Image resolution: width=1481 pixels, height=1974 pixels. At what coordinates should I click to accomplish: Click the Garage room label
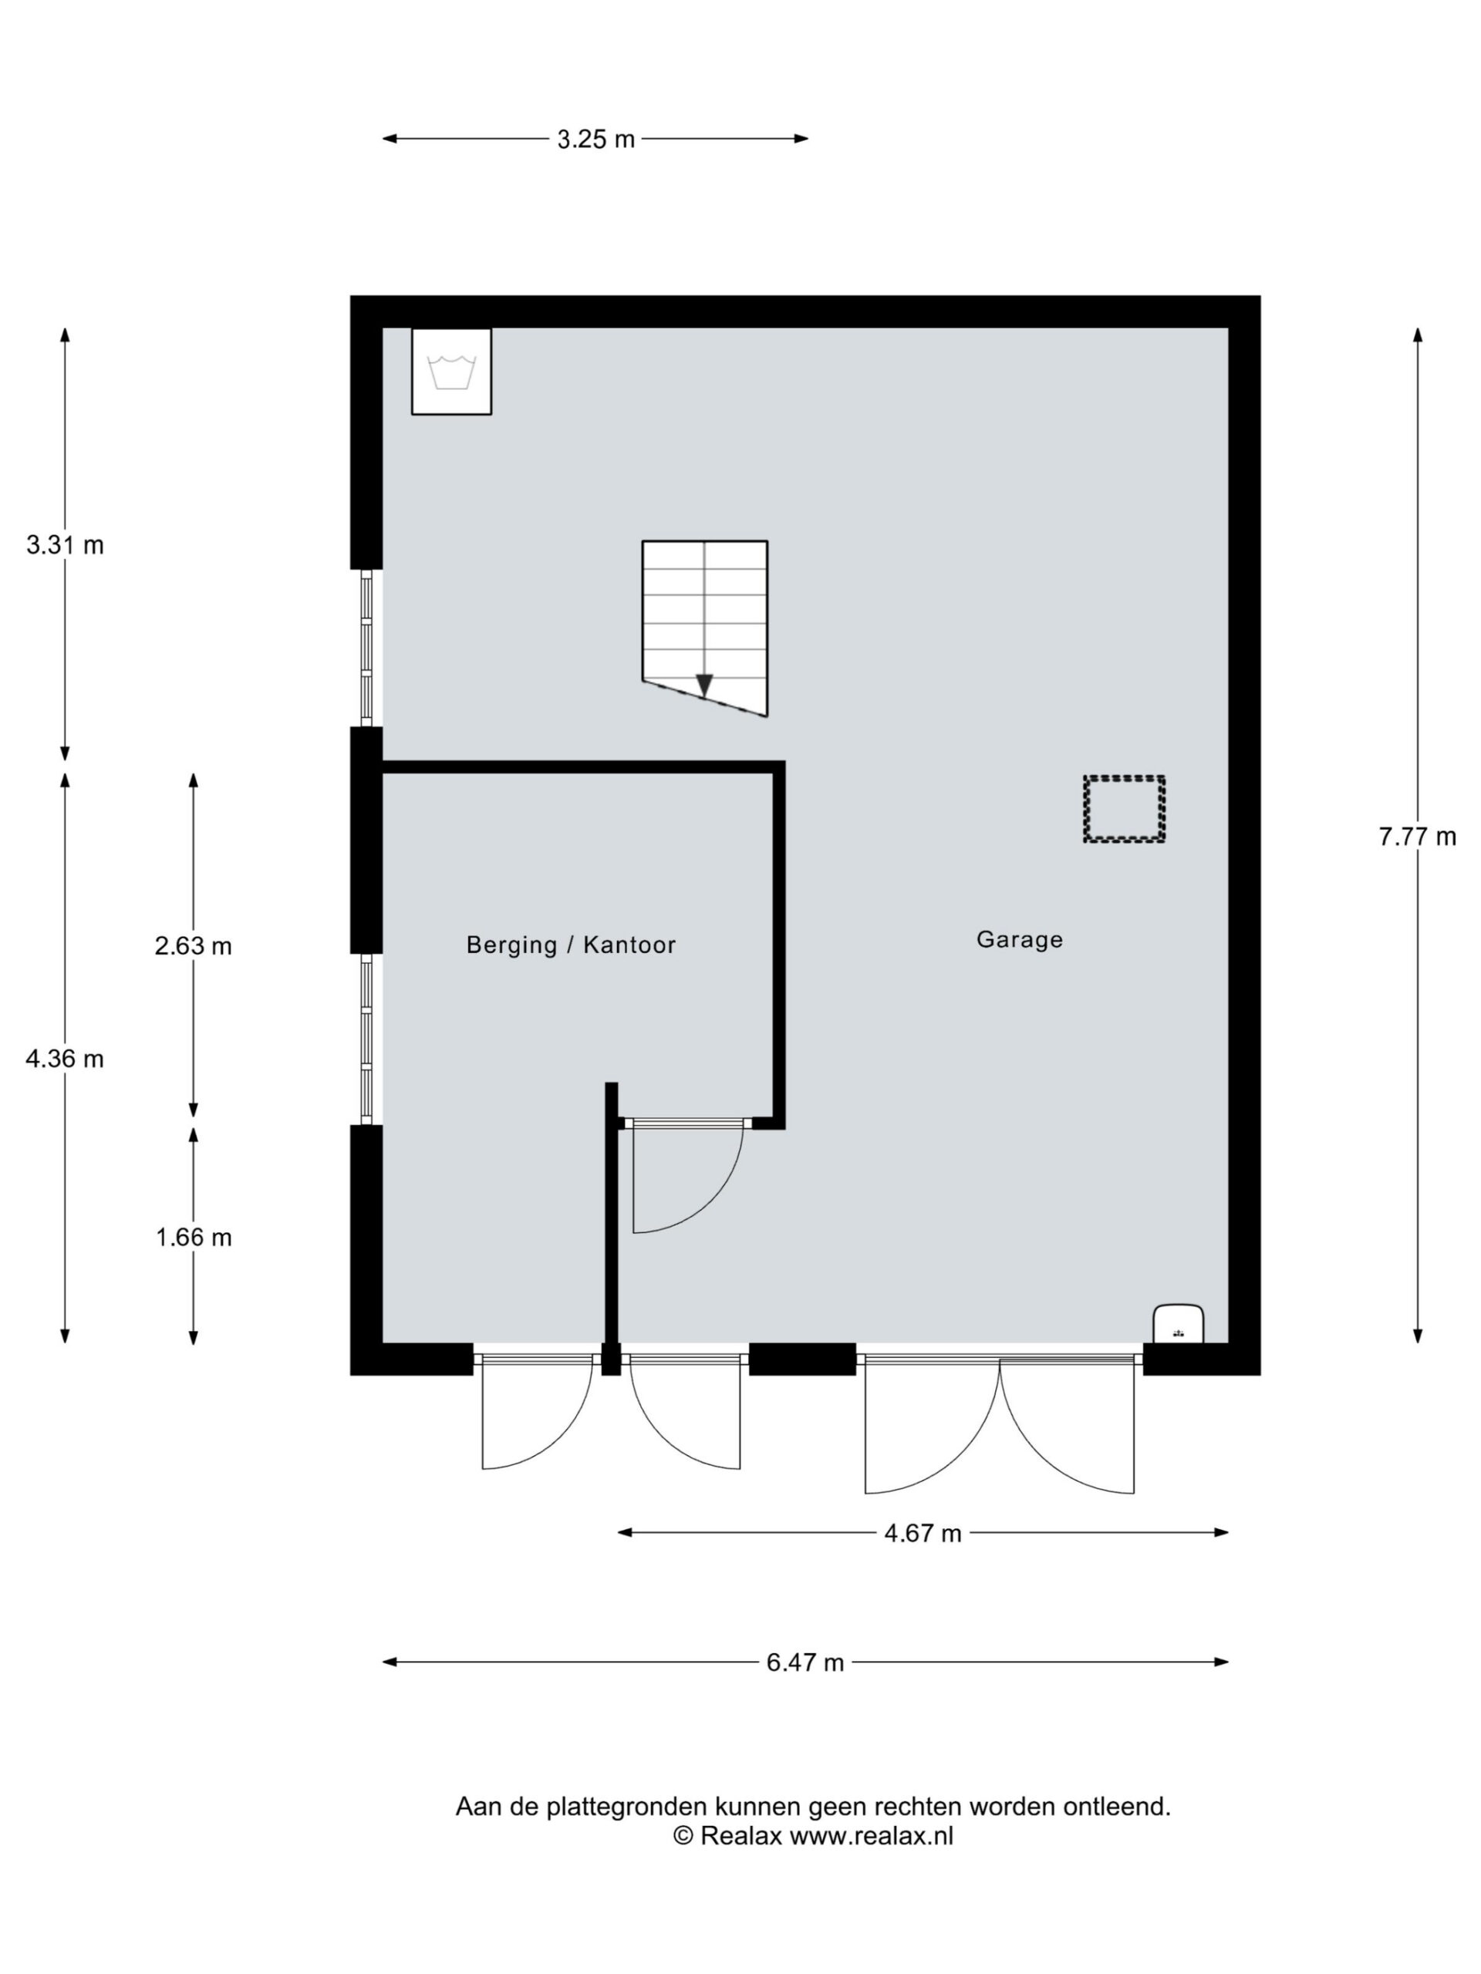1019,940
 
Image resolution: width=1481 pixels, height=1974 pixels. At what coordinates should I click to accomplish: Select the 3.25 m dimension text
595,140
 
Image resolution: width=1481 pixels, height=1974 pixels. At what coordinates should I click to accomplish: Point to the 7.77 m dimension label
1417,837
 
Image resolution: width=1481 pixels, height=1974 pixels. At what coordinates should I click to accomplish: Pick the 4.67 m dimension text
923,1533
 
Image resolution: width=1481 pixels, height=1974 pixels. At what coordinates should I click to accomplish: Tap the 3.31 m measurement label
65,545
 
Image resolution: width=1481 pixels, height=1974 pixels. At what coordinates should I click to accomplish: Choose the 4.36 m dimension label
65,1059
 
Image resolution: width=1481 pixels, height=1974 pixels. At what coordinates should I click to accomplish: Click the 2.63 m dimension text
193,946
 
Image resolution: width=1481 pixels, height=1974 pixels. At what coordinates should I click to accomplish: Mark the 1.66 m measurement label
193,1238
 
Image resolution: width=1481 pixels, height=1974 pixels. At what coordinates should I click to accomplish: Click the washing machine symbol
450,371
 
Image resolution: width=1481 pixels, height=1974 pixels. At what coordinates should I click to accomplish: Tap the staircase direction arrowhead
704,686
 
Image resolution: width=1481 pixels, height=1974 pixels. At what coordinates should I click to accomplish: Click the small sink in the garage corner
1179,1323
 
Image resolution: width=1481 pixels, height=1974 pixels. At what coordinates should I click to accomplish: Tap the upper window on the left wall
366,648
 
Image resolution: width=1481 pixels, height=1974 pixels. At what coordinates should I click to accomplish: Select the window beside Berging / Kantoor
366,1039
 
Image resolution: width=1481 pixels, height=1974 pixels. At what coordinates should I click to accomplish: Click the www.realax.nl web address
872,1836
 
